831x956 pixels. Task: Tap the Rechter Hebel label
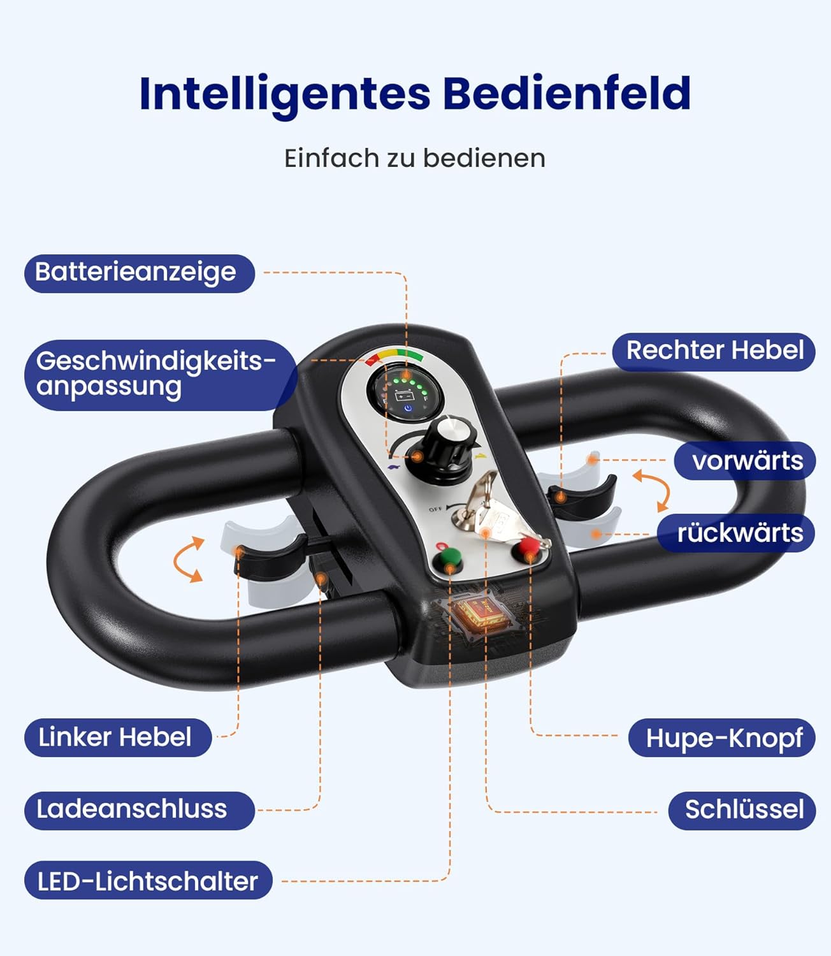[x=714, y=351]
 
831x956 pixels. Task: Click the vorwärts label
[x=746, y=461]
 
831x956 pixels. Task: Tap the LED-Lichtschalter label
[x=148, y=881]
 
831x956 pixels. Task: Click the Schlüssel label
[x=742, y=810]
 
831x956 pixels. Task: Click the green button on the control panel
[x=448, y=559]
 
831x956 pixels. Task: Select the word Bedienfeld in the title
[x=567, y=94]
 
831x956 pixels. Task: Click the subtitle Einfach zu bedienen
[x=415, y=159]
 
